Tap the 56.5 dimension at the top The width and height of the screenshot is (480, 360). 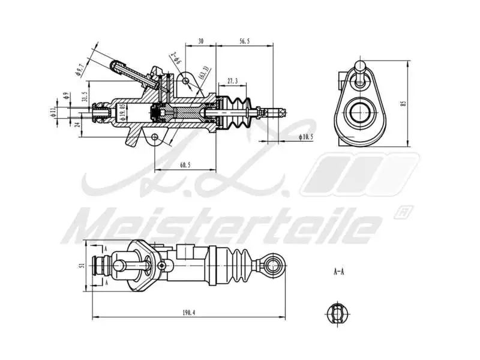pos(244,41)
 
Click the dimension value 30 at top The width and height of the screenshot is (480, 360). pos(201,41)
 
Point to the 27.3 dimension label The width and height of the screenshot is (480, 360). pos(232,80)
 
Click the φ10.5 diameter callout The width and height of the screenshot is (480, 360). pos(305,137)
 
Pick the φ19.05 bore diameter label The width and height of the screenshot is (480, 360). pos(122,112)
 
